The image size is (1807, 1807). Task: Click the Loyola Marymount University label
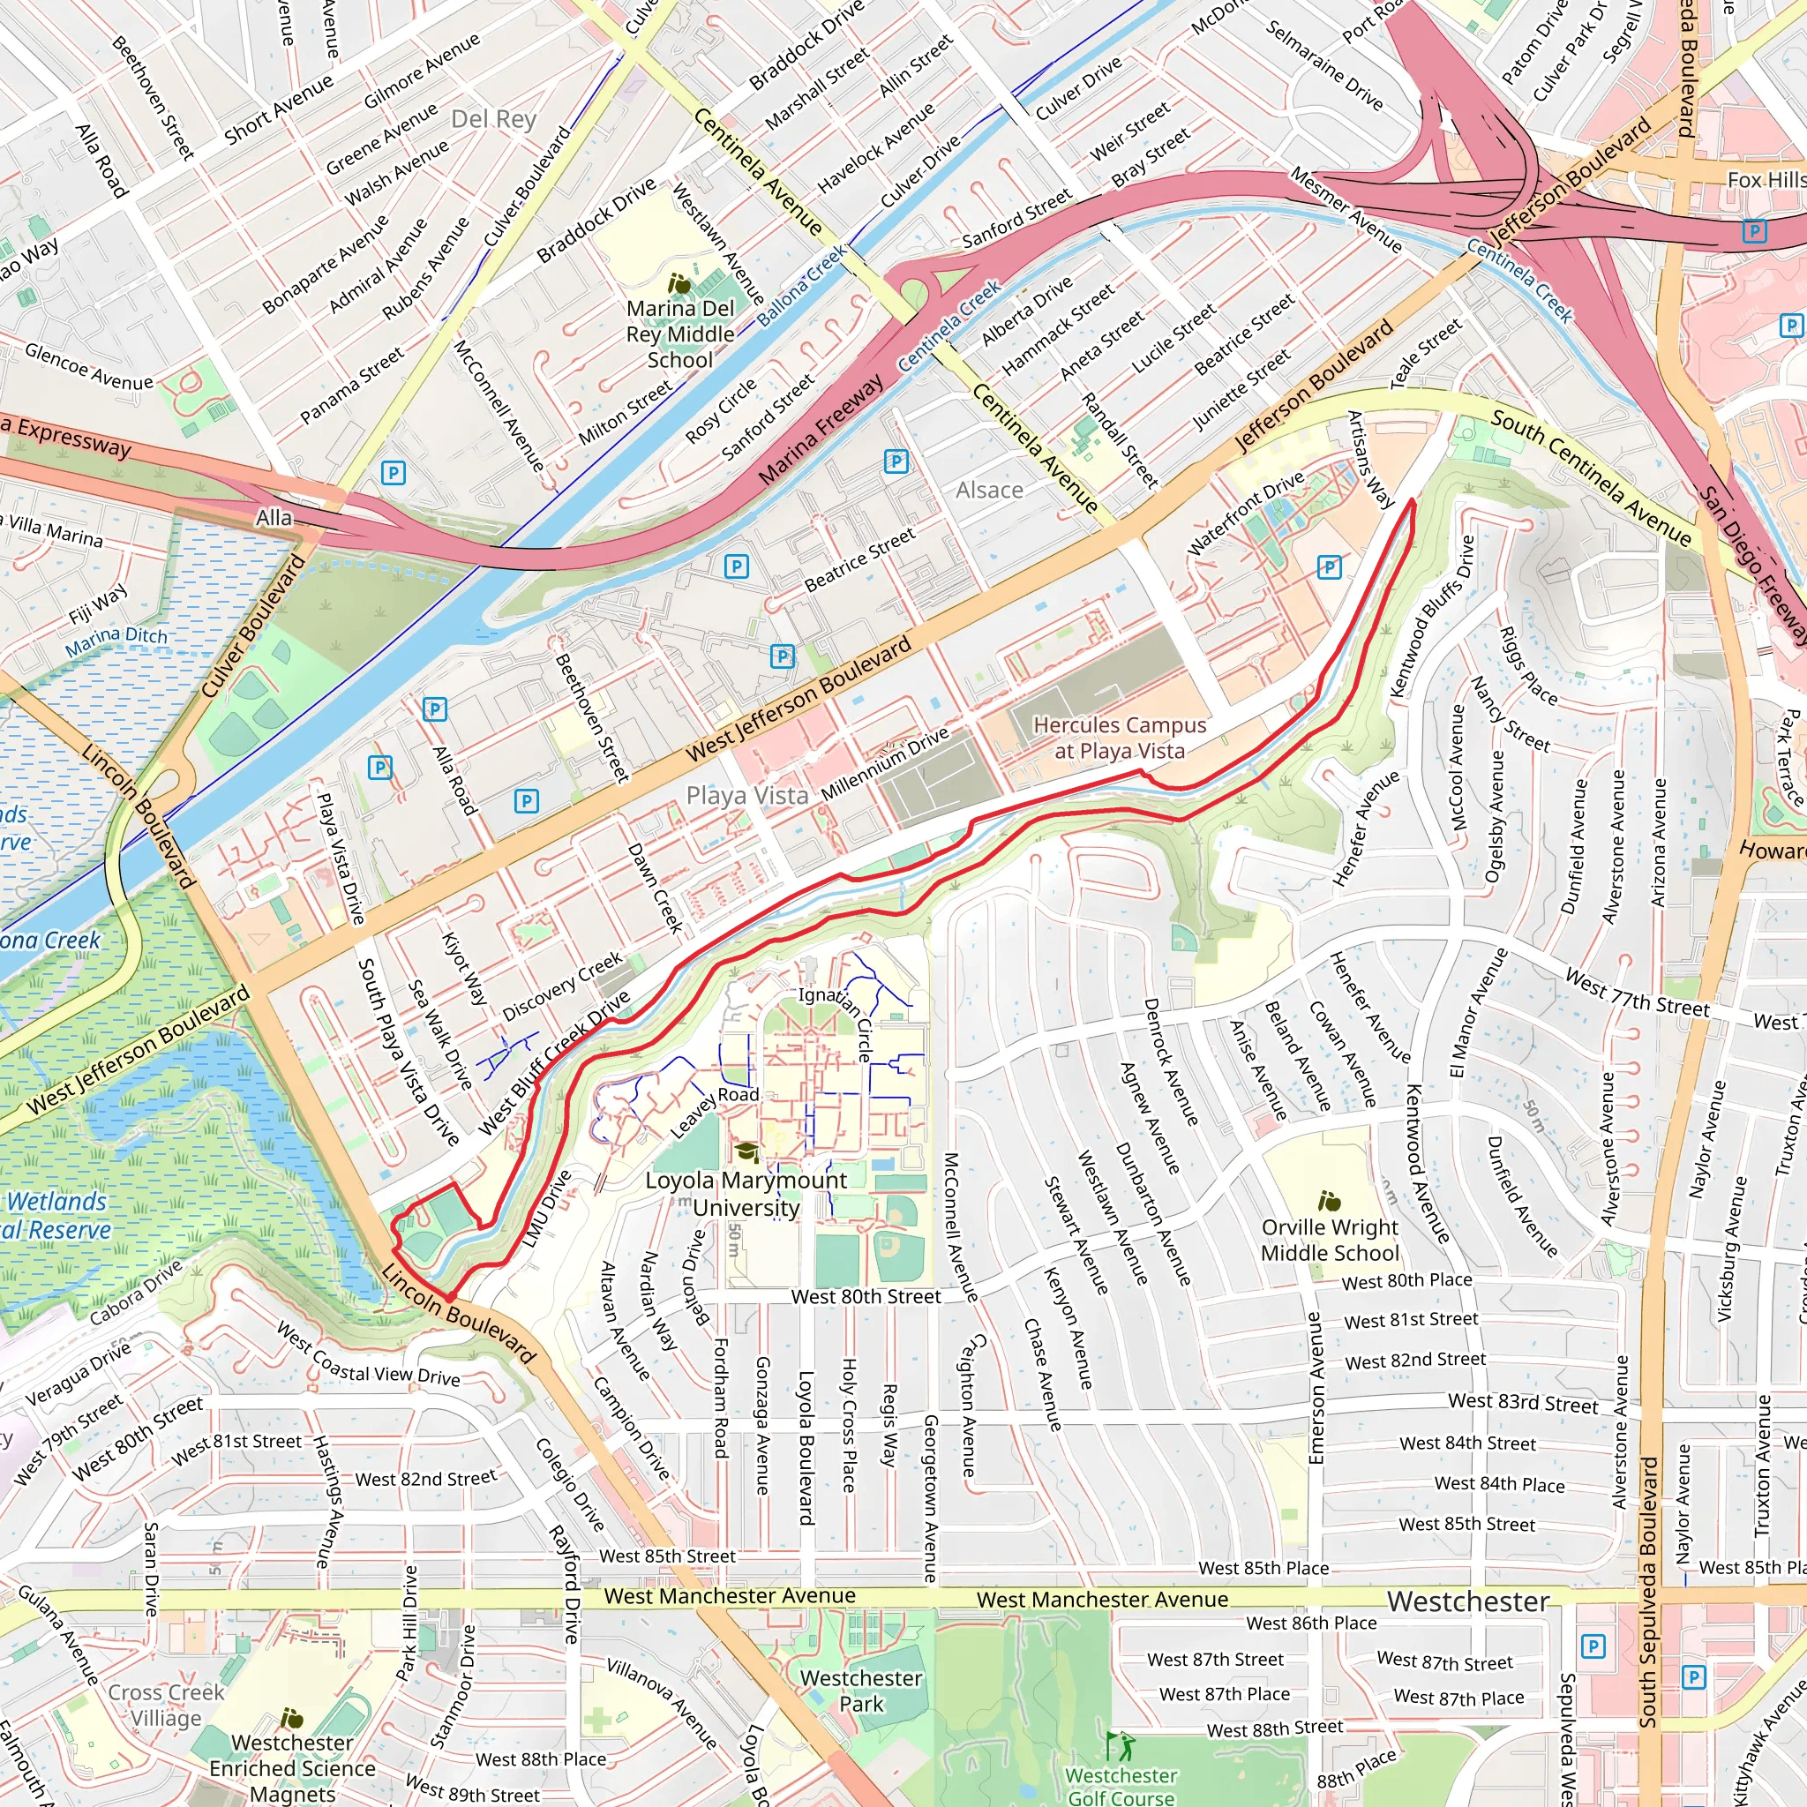[x=746, y=1194]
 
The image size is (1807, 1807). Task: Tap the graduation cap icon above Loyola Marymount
[x=746, y=1151]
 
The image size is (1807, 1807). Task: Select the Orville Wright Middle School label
[x=1329, y=1240]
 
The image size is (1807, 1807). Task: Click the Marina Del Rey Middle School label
[x=680, y=334]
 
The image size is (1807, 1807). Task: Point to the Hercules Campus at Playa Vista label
[x=1119, y=737]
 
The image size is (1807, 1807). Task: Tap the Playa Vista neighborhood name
[x=746, y=796]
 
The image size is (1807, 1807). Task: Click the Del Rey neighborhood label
[x=493, y=119]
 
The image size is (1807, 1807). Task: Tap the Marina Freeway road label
[x=821, y=431]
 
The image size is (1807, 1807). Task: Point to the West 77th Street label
[x=1637, y=994]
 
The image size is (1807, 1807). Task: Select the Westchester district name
[x=1467, y=1601]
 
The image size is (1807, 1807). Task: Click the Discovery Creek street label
[x=562, y=986]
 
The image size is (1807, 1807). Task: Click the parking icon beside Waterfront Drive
[x=1328, y=566]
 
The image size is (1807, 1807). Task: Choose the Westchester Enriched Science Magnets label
[x=292, y=1767]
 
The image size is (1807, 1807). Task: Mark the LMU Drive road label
[x=546, y=1208]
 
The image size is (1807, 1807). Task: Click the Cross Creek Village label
[x=166, y=1705]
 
